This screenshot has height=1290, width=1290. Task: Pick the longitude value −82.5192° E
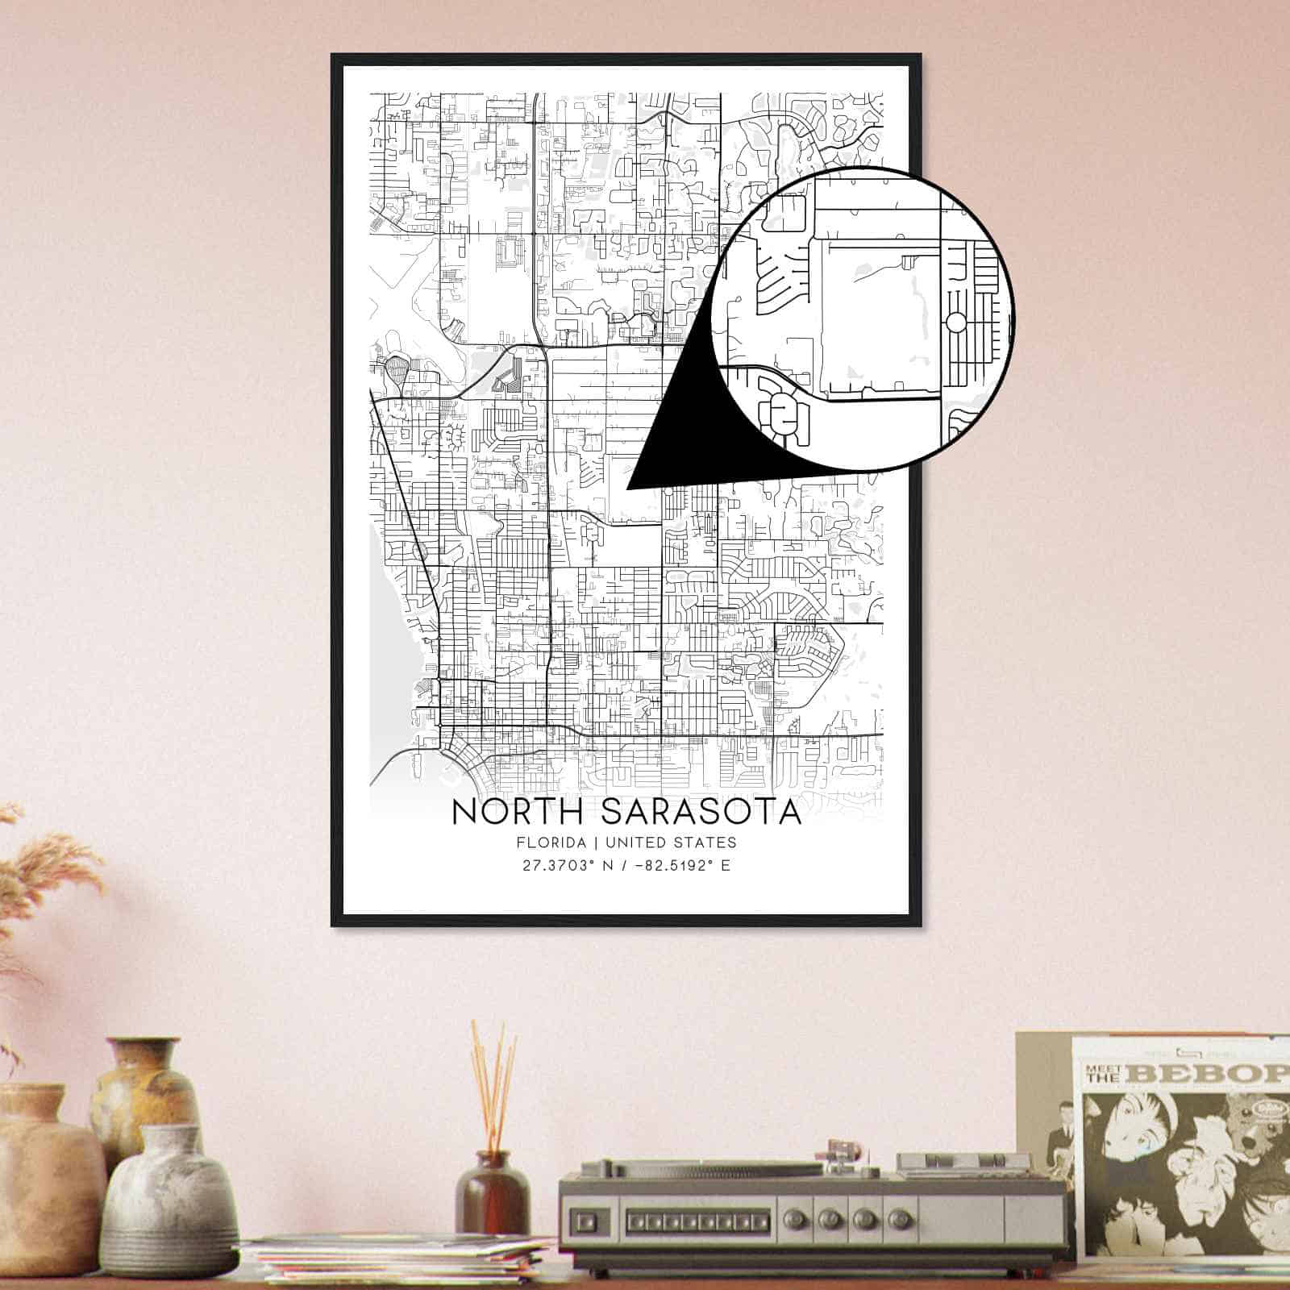[679, 866]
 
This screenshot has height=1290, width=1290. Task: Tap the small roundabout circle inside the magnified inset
[955, 323]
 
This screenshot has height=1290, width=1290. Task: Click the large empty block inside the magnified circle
[879, 314]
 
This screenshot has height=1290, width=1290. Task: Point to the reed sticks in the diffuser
[493, 1084]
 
